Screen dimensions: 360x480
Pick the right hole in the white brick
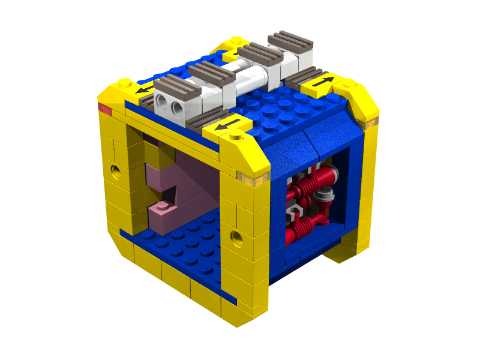[x=176, y=108]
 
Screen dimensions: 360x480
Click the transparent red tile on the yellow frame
[x=105, y=110]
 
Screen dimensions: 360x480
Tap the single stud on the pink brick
[x=161, y=208]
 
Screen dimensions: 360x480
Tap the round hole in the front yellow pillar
[x=238, y=239]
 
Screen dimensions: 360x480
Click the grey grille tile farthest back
[x=290, y=41]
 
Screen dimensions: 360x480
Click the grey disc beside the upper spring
[x=326, y=194]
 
